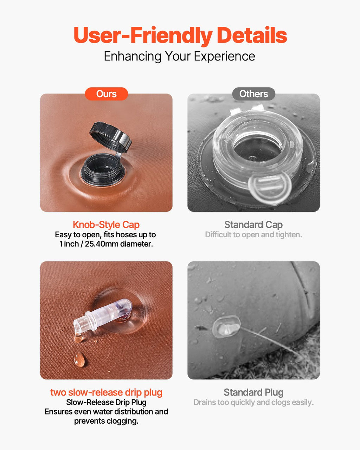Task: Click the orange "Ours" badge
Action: click(106, 94)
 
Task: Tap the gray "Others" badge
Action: click(253, 94)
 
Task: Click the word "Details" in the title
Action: click(252, 35)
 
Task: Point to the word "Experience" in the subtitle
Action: click(224, 57)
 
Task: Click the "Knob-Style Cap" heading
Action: click(106, 225)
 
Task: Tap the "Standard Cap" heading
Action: click(253, 225)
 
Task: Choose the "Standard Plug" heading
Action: click(253, 392)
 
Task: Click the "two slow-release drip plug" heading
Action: click(106, 393)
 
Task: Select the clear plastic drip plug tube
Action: click(103, 316)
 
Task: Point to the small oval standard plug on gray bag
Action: click(226, 327)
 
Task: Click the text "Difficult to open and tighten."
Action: click(253, 235)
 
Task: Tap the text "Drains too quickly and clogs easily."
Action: click(253, 403)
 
